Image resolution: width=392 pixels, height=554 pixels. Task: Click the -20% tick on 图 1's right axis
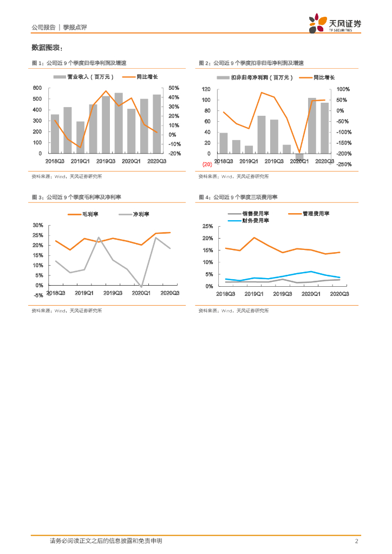pos(174,154)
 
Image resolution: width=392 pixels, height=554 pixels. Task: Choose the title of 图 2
pos(251,63)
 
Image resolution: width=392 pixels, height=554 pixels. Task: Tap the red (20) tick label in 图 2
pos(207,164)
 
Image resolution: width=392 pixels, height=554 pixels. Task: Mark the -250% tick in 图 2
pos(344,164)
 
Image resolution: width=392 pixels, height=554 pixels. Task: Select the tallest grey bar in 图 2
pos(312,126)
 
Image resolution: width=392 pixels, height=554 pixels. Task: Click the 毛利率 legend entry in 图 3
pos(89,214)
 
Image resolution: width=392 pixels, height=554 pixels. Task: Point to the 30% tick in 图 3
pos(38,225)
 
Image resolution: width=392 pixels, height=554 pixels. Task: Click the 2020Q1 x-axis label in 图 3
pos(142,293)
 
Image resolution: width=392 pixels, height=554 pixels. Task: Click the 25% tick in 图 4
pos(208,226)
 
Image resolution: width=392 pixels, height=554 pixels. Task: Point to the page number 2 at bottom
pos(356,541)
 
